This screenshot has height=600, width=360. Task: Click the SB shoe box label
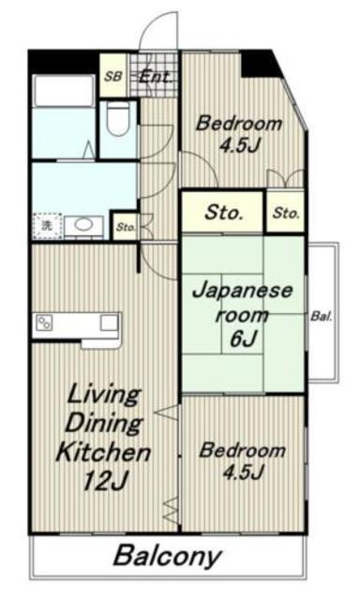click(x=112, y=77)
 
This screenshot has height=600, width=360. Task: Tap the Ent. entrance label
click(x=156, y=77)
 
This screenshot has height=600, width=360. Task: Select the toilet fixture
click(x=118, y=118)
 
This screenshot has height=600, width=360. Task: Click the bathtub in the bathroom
click(x=64, y=91)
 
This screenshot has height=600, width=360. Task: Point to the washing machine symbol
click(x=47, y=226)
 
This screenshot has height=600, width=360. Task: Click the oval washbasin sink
click(x=83, y=225)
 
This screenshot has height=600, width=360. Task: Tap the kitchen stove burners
click(x=44, y=322)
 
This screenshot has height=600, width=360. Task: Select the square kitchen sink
click(x=109, y=322)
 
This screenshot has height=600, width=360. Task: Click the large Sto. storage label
click(x=223, y=212)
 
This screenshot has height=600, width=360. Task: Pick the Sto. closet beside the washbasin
click(x=126, y=227)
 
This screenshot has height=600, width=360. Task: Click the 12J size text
click(x=104, y=480)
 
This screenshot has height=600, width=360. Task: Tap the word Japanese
click(x=242, y=291)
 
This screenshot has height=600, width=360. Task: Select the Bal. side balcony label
click(x=321, y=317)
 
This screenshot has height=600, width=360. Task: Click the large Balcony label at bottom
click(x=167, y=556)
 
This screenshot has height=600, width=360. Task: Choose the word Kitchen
click(x=103, y=452)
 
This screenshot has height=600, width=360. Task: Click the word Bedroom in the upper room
click(x=239, y=124)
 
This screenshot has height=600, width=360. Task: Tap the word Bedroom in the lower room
click(x=242, y=450)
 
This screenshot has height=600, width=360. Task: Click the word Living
click(x=104, y=397)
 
